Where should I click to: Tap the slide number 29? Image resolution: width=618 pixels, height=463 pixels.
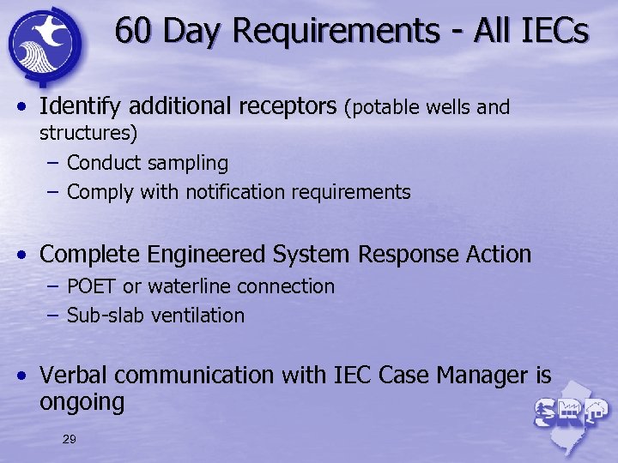[70, 440]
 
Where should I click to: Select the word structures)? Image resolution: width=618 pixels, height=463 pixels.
[88, 133]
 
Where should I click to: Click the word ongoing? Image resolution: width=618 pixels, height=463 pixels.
[82, 402]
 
